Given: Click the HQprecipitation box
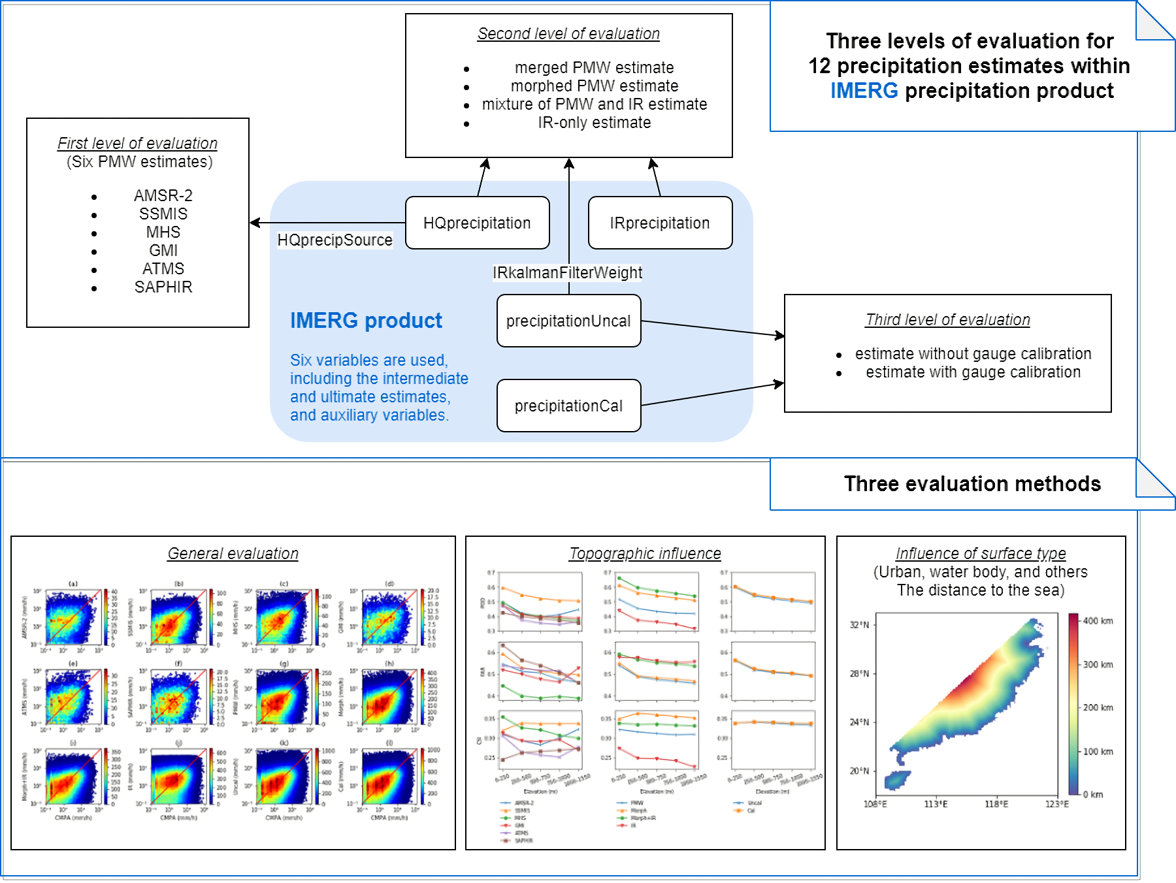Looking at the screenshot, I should (477, 223).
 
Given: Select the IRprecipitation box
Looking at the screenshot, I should (660, 223).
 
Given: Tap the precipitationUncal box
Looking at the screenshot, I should (568, 321).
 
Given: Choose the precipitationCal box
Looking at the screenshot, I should (568, 406).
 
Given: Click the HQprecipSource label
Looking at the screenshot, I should (335, 240).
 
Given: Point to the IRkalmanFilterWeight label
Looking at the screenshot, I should (567, 272).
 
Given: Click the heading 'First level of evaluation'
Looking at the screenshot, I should (137, 143).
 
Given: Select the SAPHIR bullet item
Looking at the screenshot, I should (163, 287).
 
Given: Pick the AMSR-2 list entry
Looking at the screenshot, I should (163, 195).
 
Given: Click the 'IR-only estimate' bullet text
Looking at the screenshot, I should (594, 122).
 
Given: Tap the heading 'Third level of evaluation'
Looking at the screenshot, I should (947, 319).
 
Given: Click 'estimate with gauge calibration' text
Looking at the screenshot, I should (973, 372).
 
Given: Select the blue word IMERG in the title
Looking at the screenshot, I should (864, 90).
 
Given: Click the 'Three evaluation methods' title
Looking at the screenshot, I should (972, 483).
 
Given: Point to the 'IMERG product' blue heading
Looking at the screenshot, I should (366, 321).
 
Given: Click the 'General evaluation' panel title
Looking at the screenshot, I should (233, 553).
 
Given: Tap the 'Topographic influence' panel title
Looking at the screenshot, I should (645, 553).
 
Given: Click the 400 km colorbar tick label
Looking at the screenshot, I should (1098, 620).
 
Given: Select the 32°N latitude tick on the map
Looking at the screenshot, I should (859, 625).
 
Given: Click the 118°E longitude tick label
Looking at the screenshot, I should (996, 804).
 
